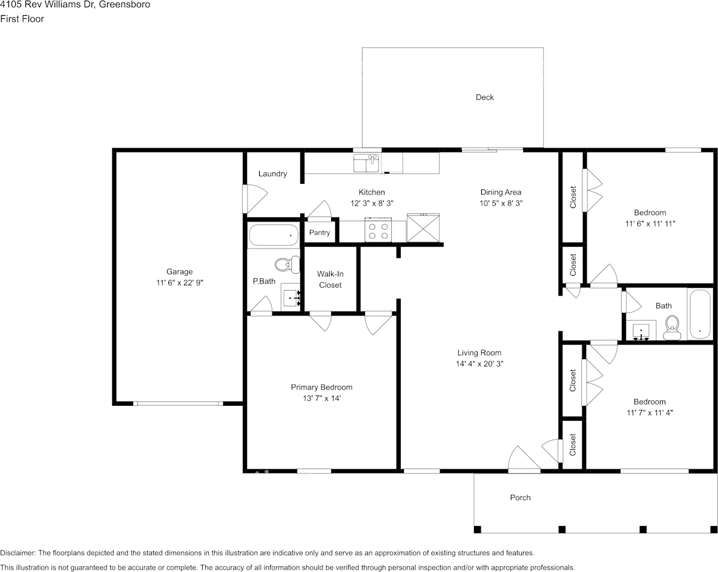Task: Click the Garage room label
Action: (180, 271)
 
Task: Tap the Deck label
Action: (484, 97)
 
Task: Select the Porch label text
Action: (520, 498)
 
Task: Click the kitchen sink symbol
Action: (366, 163)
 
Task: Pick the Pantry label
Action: (320, 233)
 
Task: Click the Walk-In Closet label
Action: (330, 279)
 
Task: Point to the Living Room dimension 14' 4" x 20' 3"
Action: (479, 364)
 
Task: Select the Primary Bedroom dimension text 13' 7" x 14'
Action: (321, 398)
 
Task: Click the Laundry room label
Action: (272, 174)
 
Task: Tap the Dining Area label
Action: (501, 193)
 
